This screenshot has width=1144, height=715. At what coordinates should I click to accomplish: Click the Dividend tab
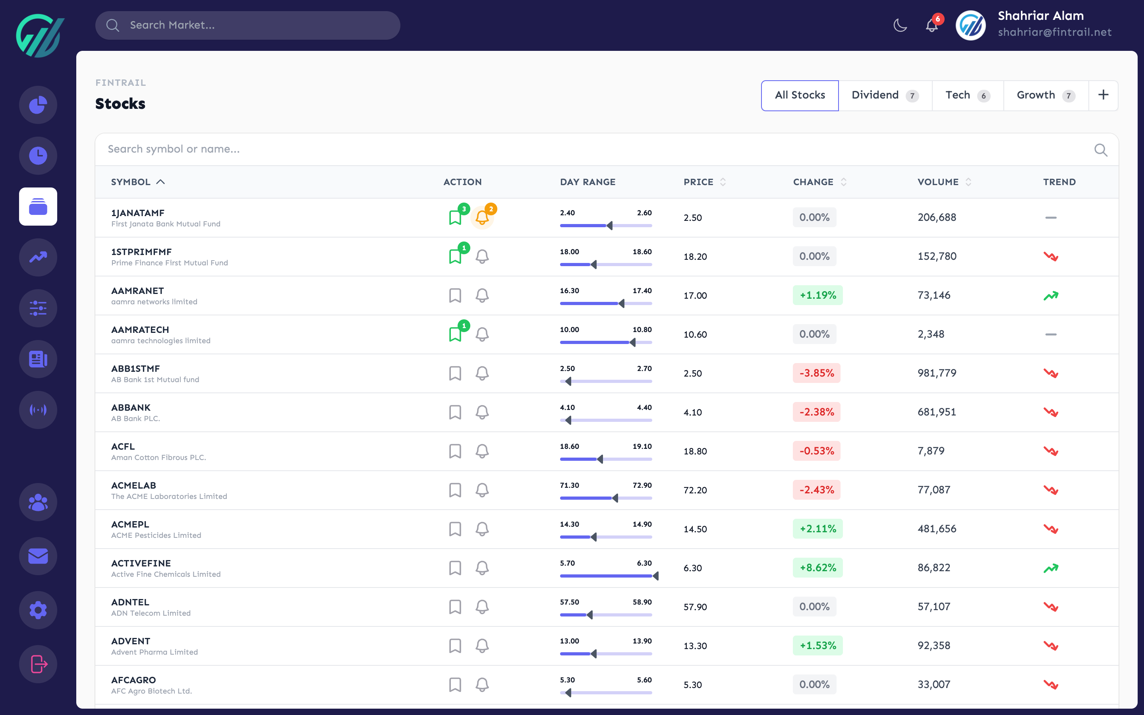884,95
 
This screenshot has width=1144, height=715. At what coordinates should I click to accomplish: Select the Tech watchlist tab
967,95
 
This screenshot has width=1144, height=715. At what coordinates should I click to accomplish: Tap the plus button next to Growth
1103,95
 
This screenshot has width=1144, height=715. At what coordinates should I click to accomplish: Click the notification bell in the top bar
931,25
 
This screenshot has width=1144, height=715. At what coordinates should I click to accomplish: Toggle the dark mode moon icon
900,25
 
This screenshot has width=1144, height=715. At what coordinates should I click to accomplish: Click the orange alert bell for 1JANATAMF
482,218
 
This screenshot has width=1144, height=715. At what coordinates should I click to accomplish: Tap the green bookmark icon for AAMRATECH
455,334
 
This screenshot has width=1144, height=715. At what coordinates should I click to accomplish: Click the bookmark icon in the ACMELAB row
455,490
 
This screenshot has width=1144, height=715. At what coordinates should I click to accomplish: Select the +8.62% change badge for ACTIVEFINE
817,568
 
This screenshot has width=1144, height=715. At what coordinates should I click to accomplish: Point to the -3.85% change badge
816,373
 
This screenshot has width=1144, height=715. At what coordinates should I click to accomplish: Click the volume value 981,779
937,373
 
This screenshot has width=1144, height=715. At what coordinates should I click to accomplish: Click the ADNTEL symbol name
130,602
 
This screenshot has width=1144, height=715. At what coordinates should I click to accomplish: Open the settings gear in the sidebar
38,610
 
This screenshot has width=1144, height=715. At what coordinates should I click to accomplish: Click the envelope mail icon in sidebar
38,556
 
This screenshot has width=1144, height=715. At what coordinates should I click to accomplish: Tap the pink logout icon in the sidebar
38,664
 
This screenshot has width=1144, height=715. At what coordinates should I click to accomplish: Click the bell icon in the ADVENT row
482,645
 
